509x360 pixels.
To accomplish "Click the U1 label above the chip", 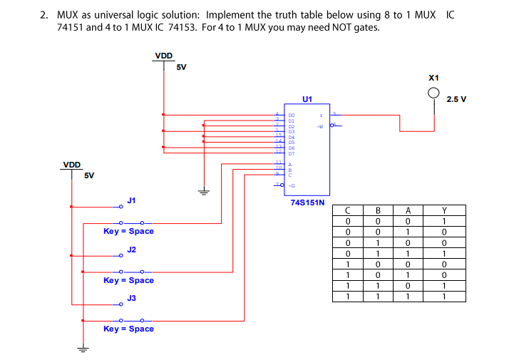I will click(307, 99).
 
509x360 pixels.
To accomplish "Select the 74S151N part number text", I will click(307, 202).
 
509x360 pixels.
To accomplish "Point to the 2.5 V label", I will click(456, 99).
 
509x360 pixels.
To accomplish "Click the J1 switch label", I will click(131, 200).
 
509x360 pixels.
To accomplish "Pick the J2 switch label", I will click(131, 250).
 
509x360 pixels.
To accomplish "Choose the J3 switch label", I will click(131, 298).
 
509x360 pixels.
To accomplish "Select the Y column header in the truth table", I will click(443, 210).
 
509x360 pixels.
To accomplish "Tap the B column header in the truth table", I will click(379, 210).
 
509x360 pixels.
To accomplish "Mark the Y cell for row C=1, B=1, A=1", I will click(443, 295).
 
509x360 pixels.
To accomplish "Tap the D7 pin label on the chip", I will click(292, 153).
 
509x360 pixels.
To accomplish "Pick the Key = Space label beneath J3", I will click(128, 329).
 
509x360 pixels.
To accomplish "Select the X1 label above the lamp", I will click(434, 77).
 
